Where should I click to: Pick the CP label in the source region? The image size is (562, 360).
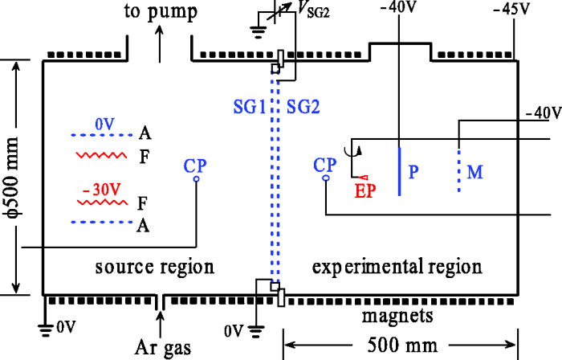pyautogui.click(x=195, y=165)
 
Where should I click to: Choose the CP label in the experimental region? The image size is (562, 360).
pyautogui.click(x=325, y=165)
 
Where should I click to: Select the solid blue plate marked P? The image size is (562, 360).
pyautogui.click(x=399, y=169)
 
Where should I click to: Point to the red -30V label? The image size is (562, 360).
pyautogui.click(x=97, y=191)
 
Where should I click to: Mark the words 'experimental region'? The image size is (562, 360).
pyautogui.click(x=397, y=266)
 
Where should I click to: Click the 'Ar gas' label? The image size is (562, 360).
pyautogui.click(x=164, y=348)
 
